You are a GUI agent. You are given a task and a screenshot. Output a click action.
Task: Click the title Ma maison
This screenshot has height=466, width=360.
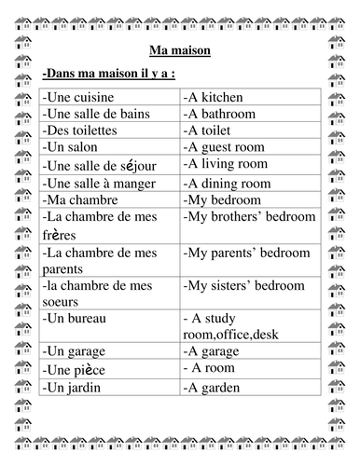click(179, 51)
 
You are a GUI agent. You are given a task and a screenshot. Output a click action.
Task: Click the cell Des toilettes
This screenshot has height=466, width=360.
click(86, 130)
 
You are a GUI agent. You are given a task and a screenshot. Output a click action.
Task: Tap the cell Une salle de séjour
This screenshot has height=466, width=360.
click(99, 165)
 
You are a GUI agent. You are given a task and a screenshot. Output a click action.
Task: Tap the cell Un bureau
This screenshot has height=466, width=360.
click(76, 319)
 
